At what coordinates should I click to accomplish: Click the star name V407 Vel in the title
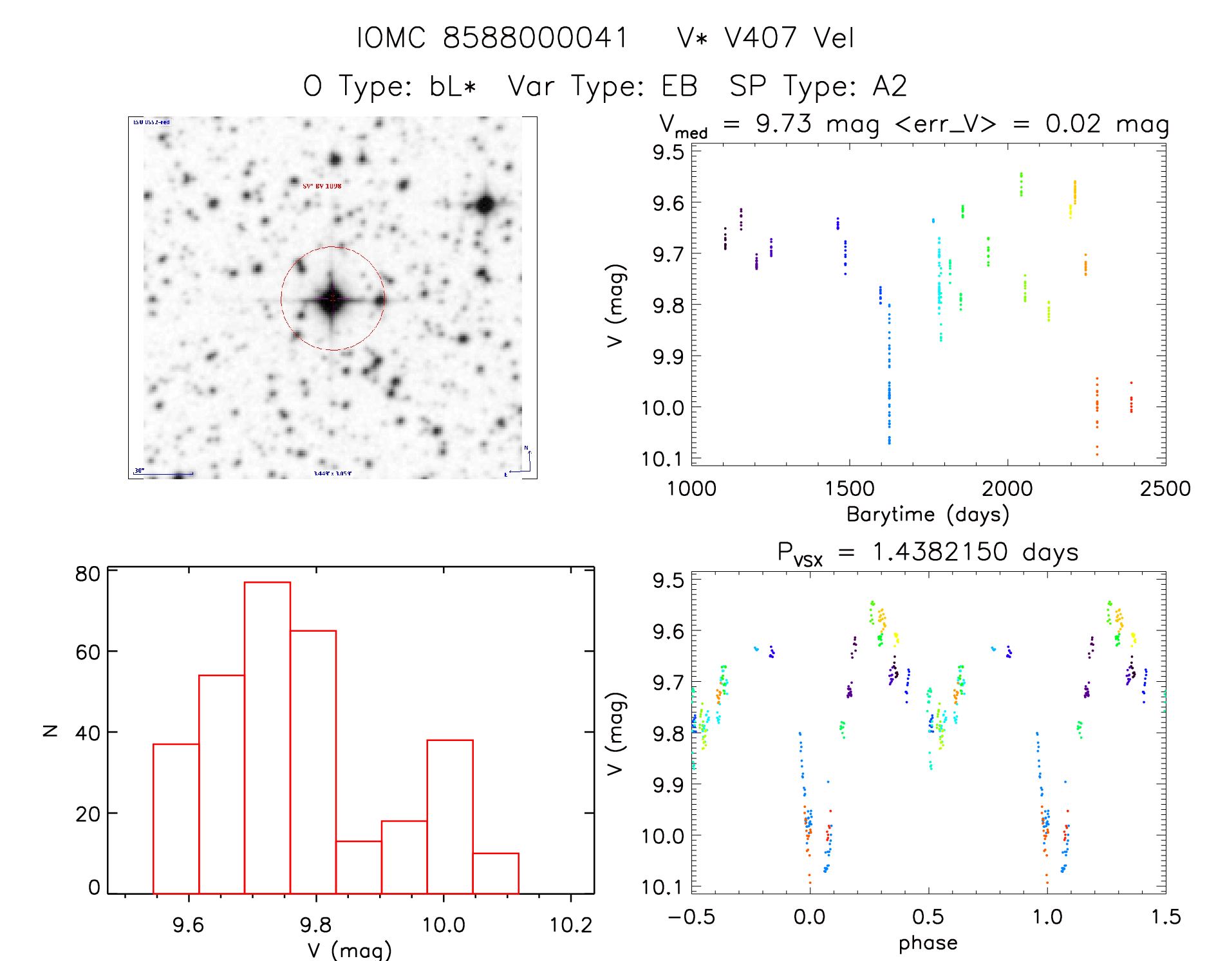point(789,38)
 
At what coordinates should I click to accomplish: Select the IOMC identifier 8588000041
point(535,38)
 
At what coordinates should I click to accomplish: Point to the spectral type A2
point(890,86)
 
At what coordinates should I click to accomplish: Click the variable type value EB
point(680,86)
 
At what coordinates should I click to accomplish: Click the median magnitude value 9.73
point(783,124)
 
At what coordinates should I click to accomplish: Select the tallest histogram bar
point(267,737)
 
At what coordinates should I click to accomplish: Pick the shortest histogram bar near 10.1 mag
point(496,873)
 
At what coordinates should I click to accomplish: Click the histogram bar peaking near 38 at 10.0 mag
point(450,816)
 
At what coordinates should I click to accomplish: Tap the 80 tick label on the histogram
point(88,573)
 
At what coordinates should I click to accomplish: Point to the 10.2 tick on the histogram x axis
point(570,925)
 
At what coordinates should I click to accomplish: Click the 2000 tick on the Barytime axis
point(1007,488)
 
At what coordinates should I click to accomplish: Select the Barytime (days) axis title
point(928,514)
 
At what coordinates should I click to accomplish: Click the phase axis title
point(928,943)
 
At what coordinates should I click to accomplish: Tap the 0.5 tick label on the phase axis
point(928,917)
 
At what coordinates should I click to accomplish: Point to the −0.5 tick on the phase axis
point(691,917)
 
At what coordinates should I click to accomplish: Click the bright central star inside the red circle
point(332,298)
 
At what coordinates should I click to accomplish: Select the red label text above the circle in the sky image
point(322,186)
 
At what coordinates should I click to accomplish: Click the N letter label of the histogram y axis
point(50,730)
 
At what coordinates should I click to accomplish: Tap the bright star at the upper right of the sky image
point(485,205)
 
